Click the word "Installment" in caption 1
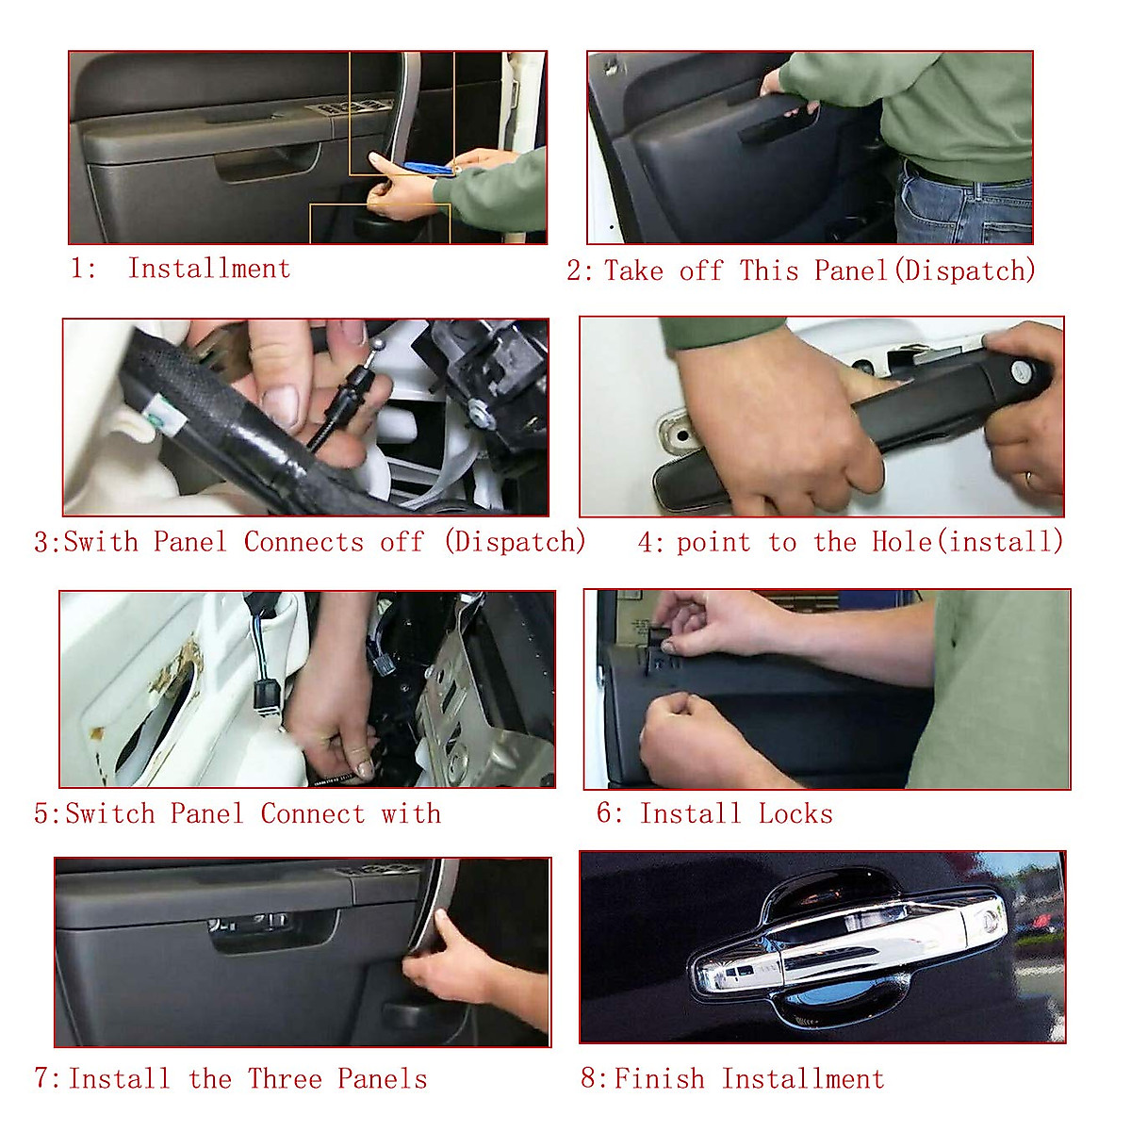click(x=209, y=269)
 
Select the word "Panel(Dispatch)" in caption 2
click(x=925, y=270)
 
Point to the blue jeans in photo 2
click(x=963, y=206)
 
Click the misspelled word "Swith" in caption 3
click(x=101, y=541)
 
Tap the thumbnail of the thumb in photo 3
click(x=281, y=406)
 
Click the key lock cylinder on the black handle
click(x=1020, y=369)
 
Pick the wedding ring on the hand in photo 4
click(x=1029, y=480)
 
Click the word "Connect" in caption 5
click(x=313, y=814)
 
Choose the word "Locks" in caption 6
click(x=795, y=814)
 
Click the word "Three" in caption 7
click(x=285, y=1079)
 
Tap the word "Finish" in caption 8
click(x=659, y=1079)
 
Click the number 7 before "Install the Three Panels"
click(x=42, y=1079)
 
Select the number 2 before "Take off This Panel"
click(x=574, y=270)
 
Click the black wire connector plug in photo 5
click(x=263, y=694)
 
